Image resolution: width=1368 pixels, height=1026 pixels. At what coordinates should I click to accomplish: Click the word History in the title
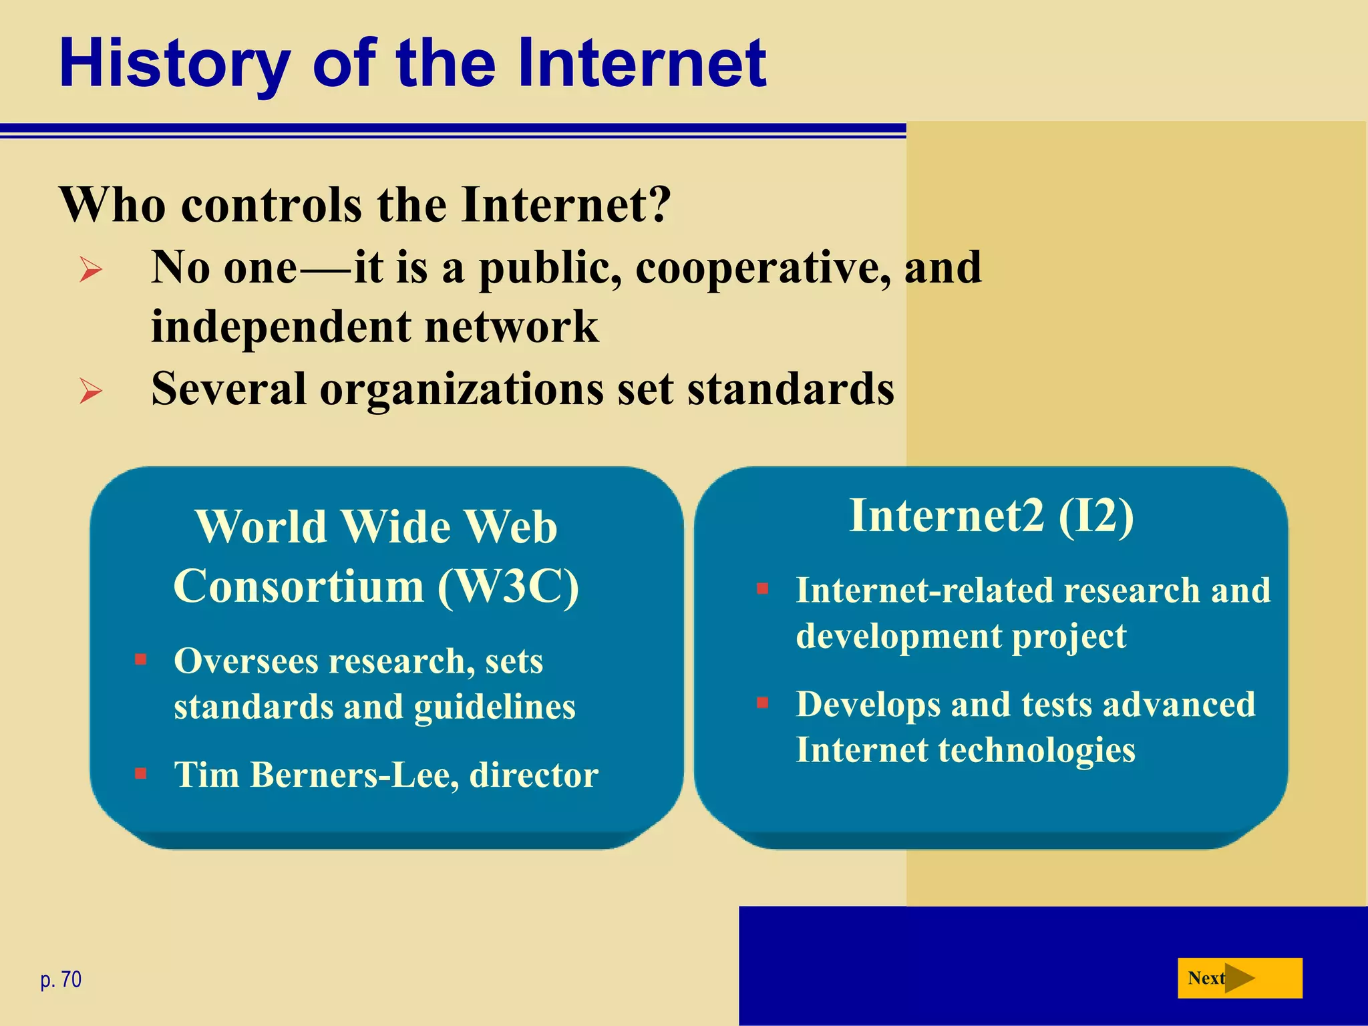[x=175, y=65]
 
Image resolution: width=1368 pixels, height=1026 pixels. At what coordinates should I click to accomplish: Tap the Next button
[x=1239, y=978]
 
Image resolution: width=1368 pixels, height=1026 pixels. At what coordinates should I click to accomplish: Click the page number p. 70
[x=61, y=979]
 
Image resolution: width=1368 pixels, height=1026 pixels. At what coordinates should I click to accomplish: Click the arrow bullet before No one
[x=91, y=270]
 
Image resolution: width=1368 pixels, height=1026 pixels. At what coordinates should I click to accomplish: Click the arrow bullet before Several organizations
[x=91, y=391]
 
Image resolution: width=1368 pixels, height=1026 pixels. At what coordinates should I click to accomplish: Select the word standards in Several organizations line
[x=790, y=389]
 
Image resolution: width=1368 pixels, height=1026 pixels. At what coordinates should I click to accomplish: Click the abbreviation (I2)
[x=1095, y=516]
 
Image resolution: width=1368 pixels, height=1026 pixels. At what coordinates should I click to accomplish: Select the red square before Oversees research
[x=140, y=660]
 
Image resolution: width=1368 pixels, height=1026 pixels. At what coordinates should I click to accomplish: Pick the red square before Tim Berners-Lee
[x=140, y=774]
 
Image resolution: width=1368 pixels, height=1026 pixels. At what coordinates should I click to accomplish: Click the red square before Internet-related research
[x=762, y=589]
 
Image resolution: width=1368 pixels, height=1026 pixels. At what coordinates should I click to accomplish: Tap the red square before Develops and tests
[x=762, y=703]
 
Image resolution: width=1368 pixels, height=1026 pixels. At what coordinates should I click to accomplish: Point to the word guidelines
[x=494, y=707]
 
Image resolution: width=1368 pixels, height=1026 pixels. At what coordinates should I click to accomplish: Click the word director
[x=534, y=776]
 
